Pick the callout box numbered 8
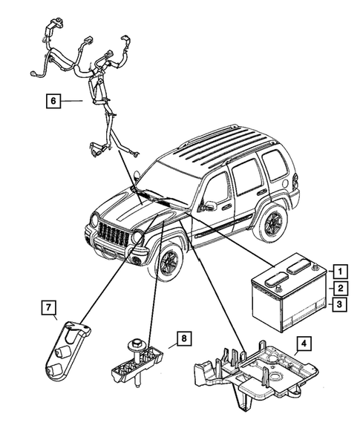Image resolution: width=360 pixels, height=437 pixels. click(x=181, y=338)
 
